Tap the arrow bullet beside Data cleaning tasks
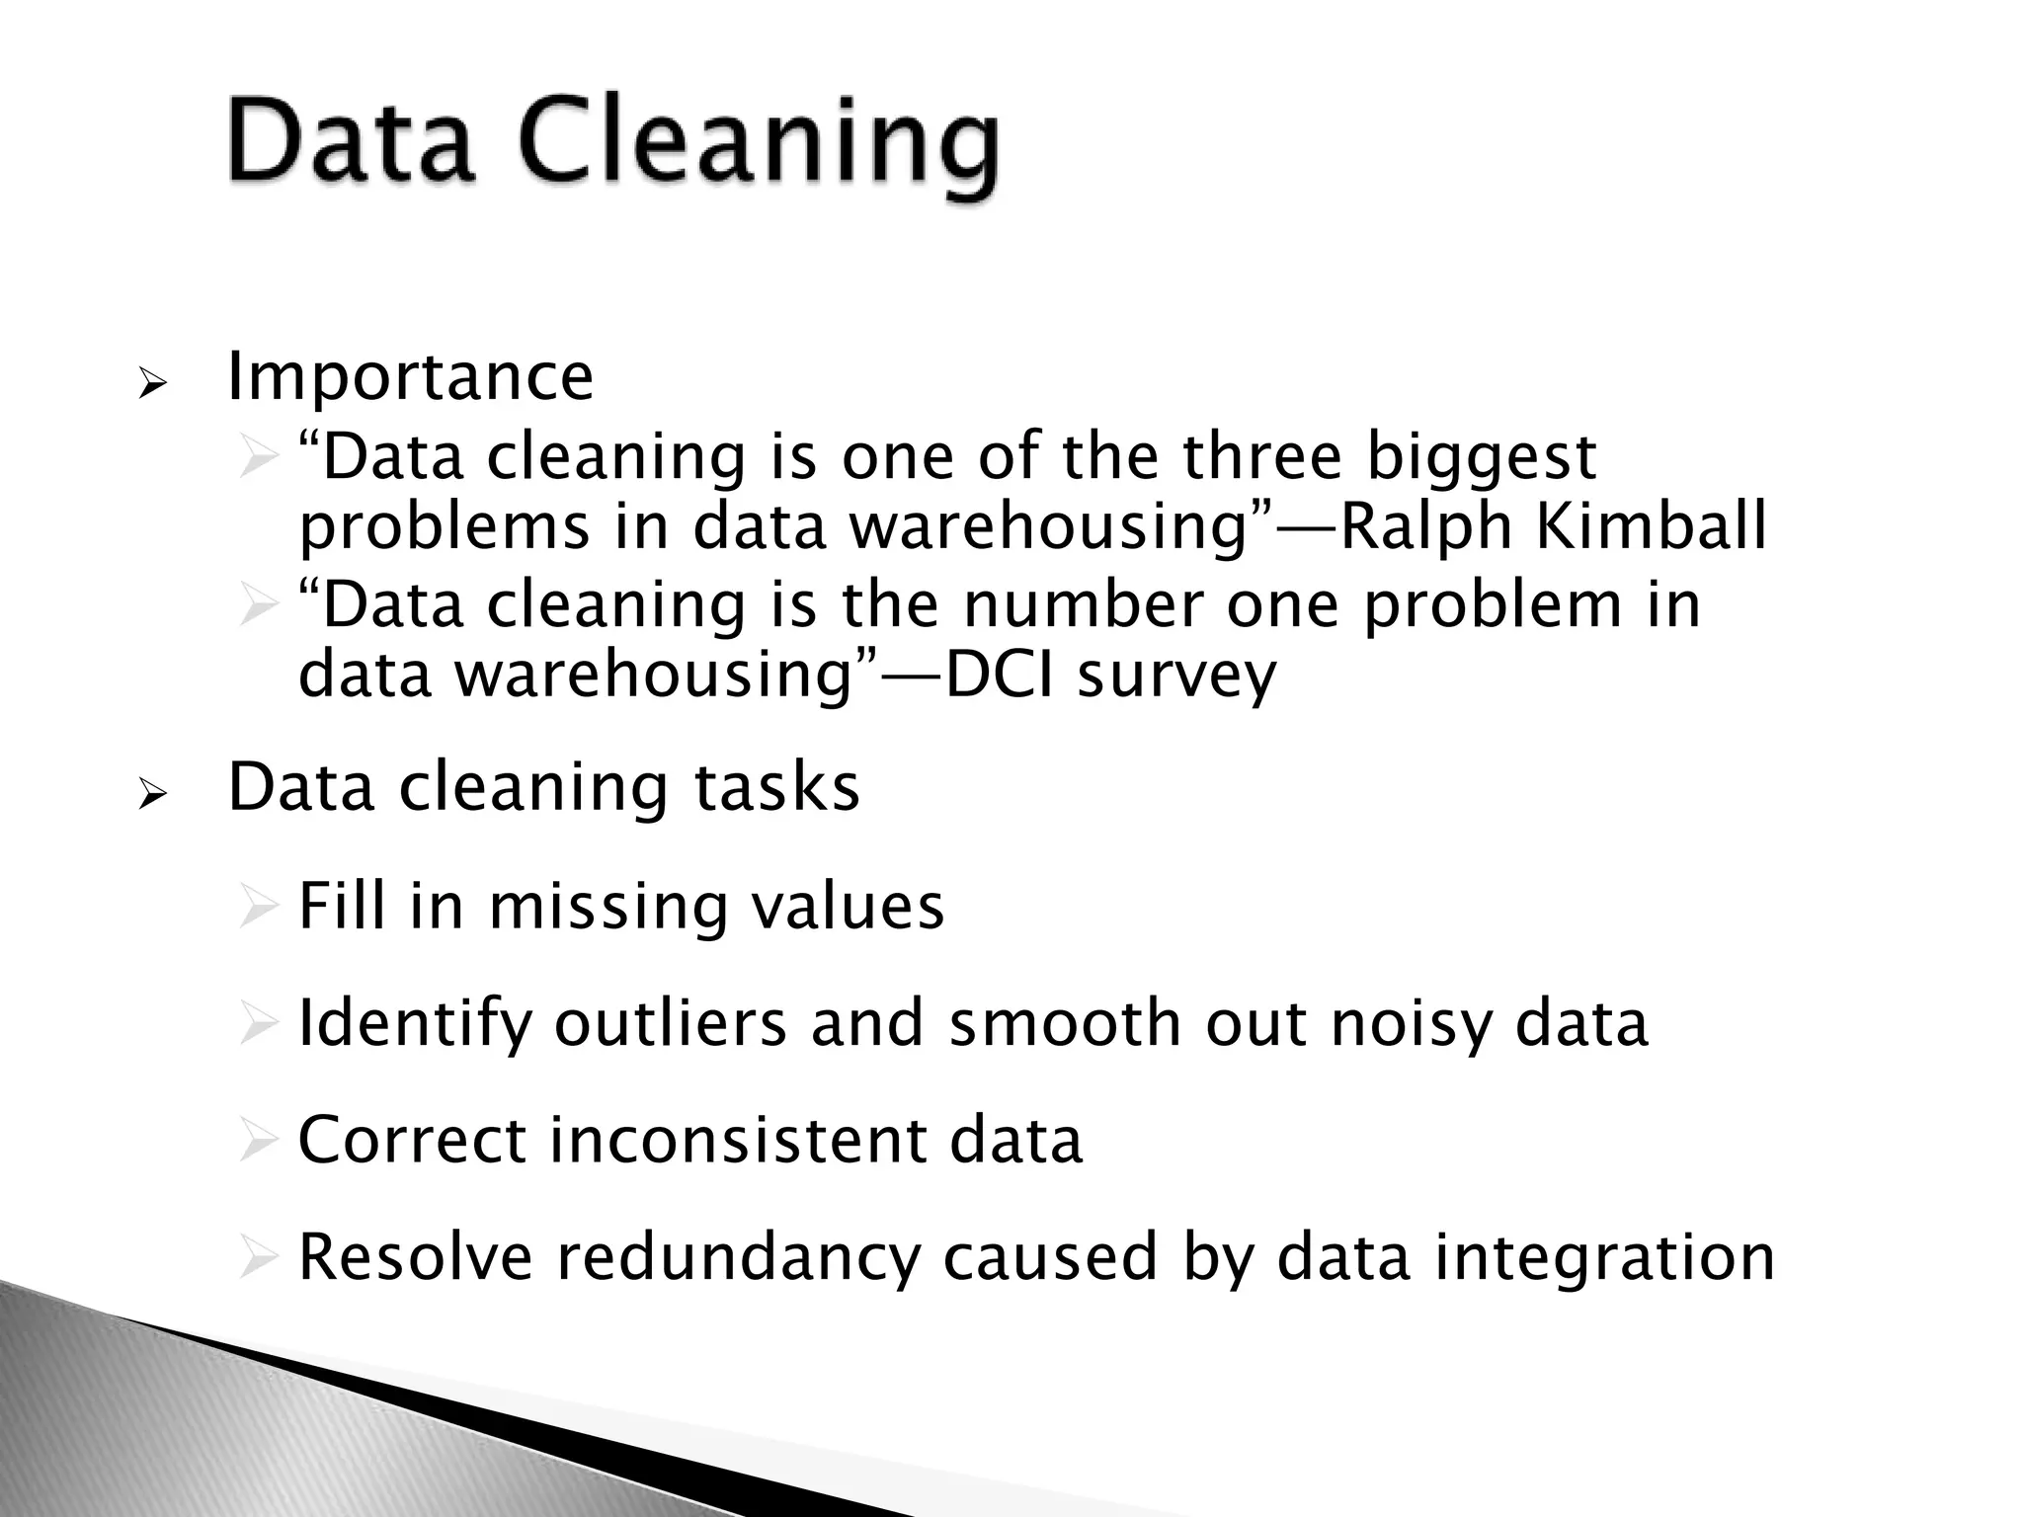click(155, 793)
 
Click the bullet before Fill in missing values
click(258, 907)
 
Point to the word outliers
click(670, 1022)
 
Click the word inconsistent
click(738, 1140)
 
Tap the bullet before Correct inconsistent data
click(258, 1141)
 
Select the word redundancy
click(737, 1258)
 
